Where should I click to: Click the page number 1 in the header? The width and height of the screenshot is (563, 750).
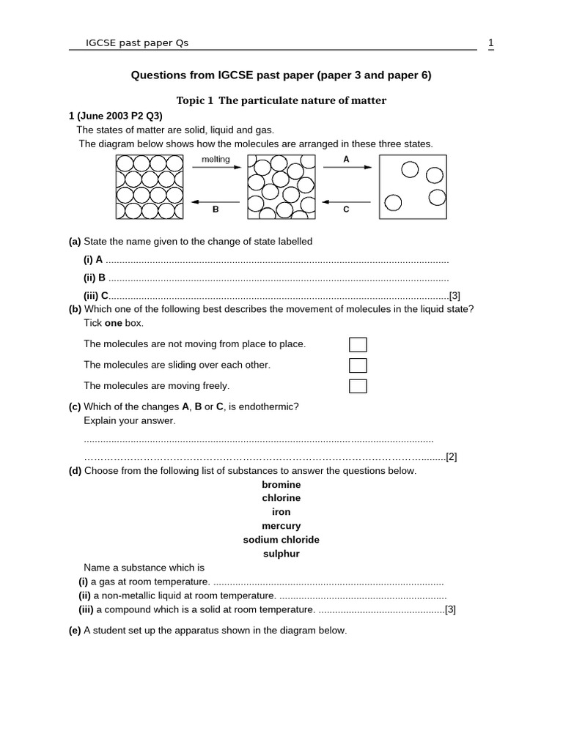pos(490,42)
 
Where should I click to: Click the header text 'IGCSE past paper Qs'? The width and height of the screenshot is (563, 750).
pos(137,42)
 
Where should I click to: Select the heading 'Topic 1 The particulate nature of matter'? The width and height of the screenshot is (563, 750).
pos(281,100)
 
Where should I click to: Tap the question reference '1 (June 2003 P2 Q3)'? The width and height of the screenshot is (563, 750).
pos(115,116)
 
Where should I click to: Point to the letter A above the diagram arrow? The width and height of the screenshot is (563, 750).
pos(346,158)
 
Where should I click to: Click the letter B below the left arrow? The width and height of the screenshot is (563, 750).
pos(216,209)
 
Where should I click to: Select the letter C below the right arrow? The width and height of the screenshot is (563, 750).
pos(346,209)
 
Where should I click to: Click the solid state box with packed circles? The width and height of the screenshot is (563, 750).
pos(149,187)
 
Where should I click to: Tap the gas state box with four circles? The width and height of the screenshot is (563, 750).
pos(413,187)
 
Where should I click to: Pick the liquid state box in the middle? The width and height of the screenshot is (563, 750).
pos(281,187)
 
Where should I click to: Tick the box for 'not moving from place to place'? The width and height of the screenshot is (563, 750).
pos(358,344)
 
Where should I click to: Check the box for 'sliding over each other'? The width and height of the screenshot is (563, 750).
pos(358,365)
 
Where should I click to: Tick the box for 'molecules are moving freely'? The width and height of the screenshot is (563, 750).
pos(358,386)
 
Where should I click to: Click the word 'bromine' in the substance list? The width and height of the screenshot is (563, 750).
pos(281,485)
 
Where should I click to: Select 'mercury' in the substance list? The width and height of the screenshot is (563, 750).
pos(281,526)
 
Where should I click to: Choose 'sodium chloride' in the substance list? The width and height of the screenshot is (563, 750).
pos(281,540)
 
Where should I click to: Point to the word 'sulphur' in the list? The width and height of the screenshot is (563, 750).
pos(281,554)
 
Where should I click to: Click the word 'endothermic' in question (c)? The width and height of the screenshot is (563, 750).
pos(272,407)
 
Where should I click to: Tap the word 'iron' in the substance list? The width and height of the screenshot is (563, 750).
pos(281,512)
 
